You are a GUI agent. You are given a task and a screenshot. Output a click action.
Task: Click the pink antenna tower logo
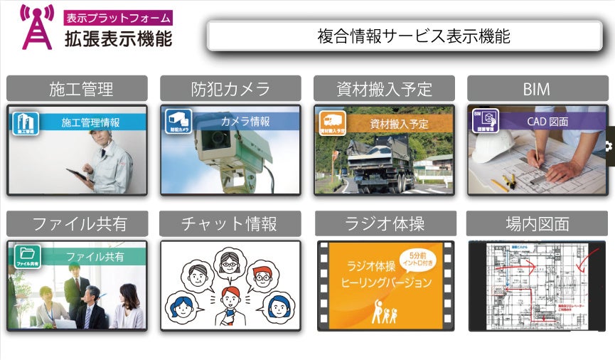[x=36, y=28]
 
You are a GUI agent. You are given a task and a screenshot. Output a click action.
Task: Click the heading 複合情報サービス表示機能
[x=413, y=36]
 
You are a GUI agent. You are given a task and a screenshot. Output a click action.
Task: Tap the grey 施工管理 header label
[x=77, y=89]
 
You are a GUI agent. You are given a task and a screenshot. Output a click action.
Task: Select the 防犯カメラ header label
[x=230, y=89]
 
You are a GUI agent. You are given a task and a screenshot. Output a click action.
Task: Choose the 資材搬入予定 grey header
[x=384, y=89]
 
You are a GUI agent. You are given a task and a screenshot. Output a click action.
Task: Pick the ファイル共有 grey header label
[x=77, y=223]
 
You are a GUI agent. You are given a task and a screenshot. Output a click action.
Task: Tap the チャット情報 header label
[x=230, y=223]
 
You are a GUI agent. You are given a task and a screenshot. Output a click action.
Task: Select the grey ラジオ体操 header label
[x=384, y=224]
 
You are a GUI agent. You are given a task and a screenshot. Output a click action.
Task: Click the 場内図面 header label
[x=537, y=224]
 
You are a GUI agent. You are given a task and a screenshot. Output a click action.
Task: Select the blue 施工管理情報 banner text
[x=90, y=122]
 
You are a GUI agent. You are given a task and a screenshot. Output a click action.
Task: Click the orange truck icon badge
[x=332, y=122]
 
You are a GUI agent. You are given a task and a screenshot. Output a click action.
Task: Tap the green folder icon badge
[x=26, y=256]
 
